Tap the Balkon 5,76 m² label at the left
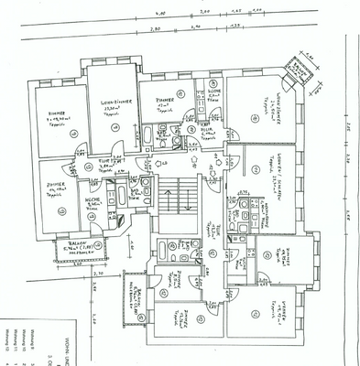(x=65, y=246)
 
